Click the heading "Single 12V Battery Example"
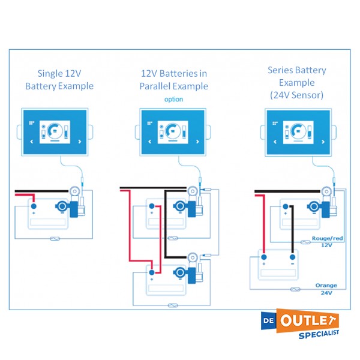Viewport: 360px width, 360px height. pos(59,80)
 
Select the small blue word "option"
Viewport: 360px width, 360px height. pos(173,99)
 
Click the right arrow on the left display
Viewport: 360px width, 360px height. pos(80,142)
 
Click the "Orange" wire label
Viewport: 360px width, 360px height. pos(326,285)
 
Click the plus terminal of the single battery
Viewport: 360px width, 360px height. pos(33,207)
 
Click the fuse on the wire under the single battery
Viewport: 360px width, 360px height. pos(55,238)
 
